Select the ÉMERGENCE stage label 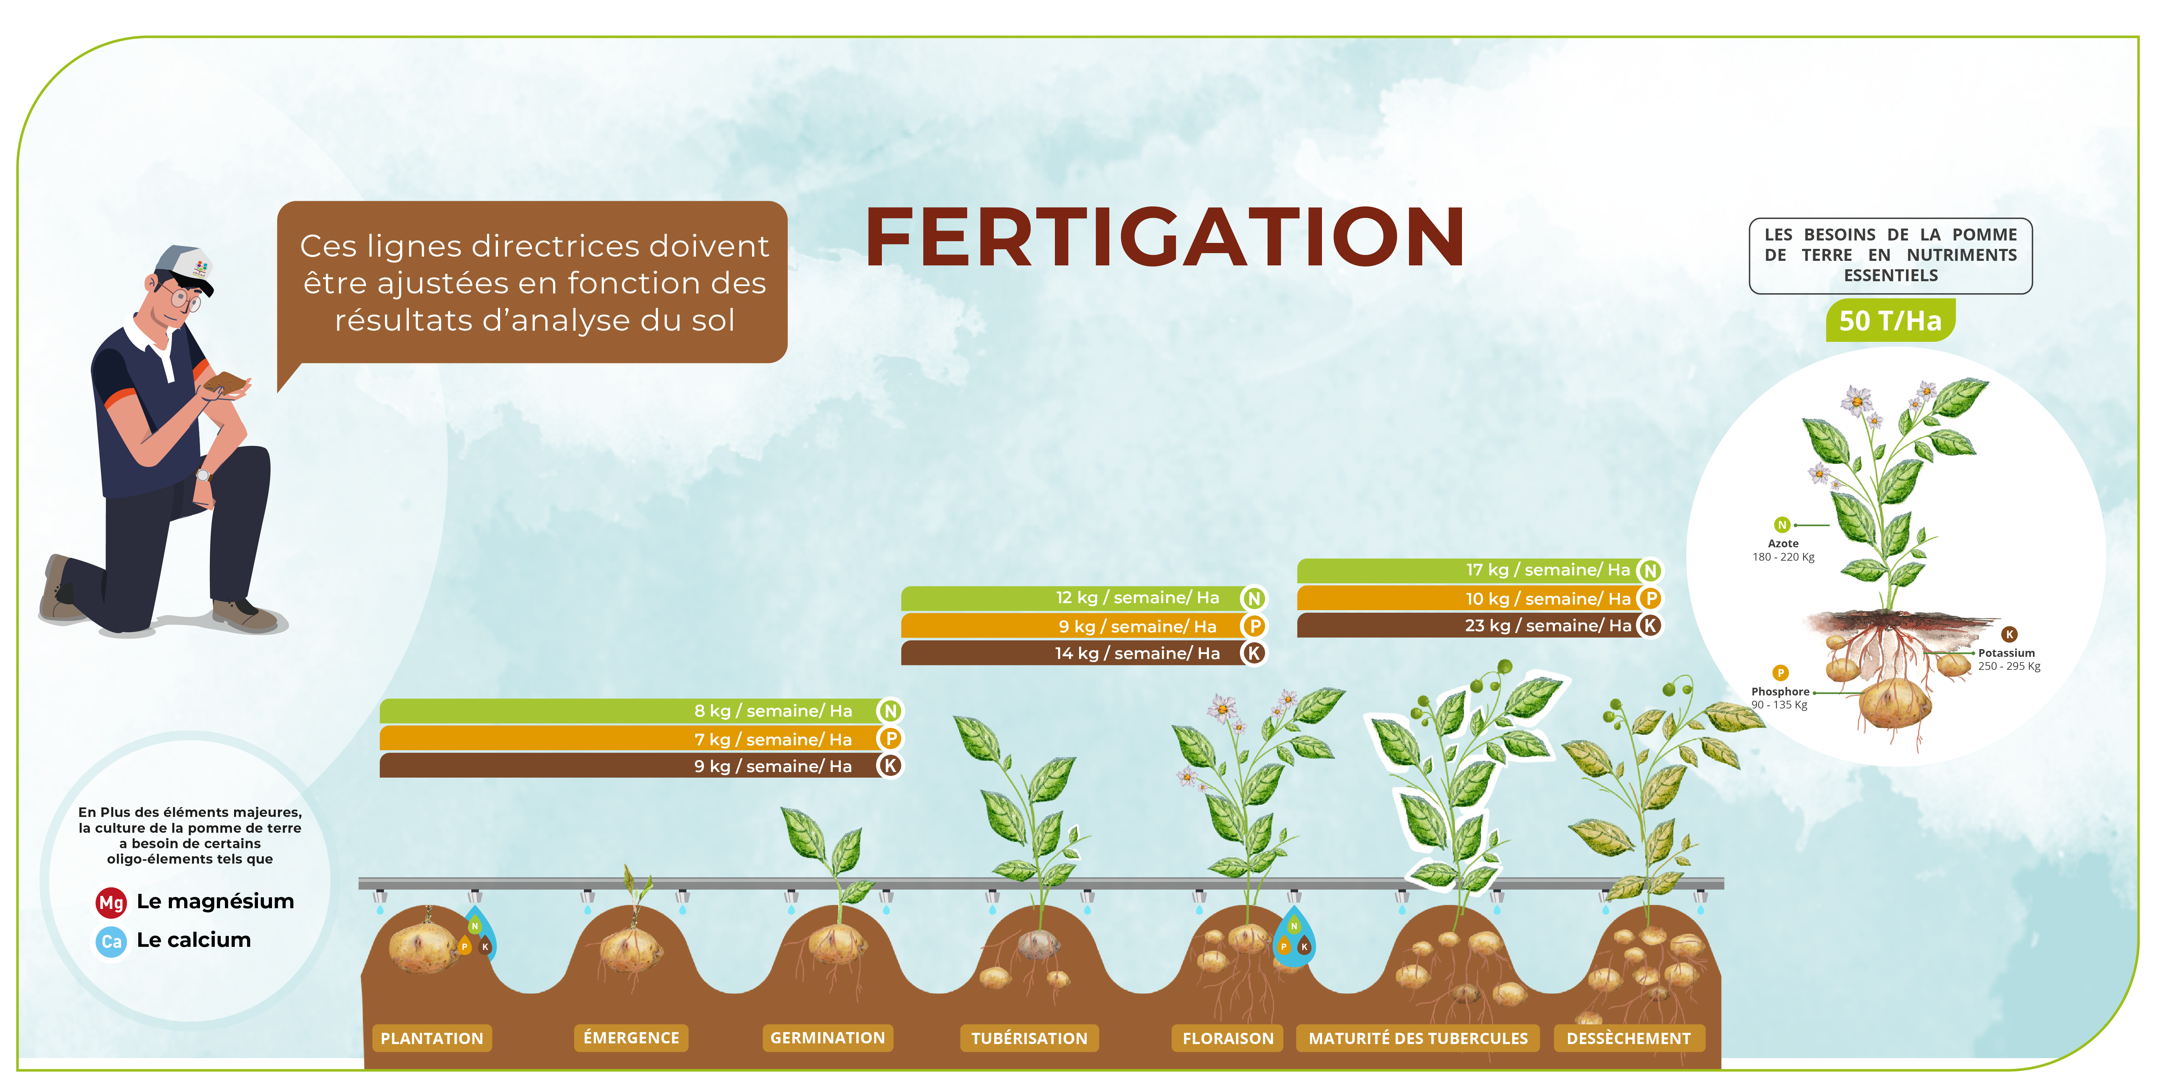click(631, 1037)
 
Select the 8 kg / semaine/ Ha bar click(641, 711)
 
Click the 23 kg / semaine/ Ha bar click(1480, 626)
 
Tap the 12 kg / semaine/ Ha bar click(1084, 598)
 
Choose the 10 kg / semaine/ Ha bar click(1480, 599)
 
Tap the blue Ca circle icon click(111, 941)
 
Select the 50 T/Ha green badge click(1890, 321)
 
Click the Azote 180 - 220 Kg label click(1783, 549)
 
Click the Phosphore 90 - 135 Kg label click(1780, 698)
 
